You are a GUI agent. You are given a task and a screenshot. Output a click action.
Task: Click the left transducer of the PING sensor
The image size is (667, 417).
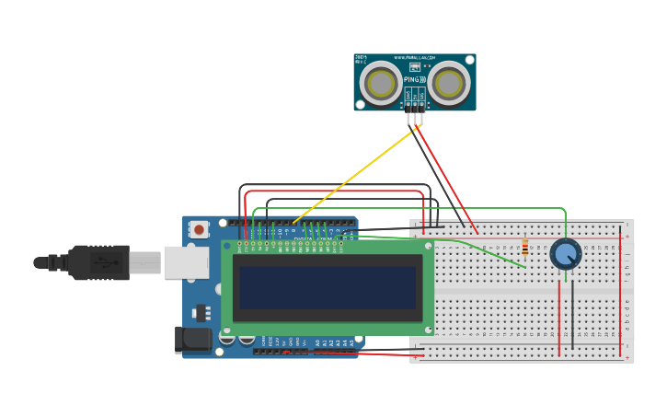click(379, 83)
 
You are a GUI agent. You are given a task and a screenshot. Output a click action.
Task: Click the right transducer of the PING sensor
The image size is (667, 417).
click(449, 83)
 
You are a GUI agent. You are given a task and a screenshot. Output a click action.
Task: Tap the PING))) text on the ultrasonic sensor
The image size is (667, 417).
click(414, 80)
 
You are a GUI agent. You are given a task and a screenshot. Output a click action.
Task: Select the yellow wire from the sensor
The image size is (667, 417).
click(354, 176)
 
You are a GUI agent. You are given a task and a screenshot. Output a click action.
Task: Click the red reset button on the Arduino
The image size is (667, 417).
click(199, 229)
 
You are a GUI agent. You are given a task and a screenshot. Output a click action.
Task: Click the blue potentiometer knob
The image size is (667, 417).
click(565, 253)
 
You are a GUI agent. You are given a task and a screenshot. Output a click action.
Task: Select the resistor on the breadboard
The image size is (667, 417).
click(525, 249)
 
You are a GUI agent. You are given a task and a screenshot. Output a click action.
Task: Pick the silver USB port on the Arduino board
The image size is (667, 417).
click(184, 262)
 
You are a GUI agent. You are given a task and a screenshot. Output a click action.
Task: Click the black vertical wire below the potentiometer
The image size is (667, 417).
click(572, 313)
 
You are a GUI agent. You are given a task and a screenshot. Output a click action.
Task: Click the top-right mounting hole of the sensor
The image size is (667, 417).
click(471, 58)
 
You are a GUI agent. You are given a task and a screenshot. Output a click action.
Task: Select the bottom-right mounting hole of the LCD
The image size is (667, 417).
click(428, 329)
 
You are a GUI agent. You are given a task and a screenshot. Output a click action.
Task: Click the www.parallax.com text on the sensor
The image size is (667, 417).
click(414, 58)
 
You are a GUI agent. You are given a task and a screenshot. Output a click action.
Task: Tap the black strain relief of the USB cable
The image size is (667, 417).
click(52, 262)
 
